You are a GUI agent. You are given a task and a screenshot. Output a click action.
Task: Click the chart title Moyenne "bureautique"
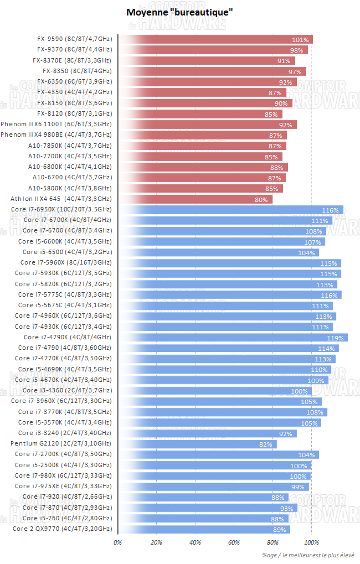(179, 12)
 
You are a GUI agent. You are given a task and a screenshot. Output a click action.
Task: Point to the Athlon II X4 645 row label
(61, 199)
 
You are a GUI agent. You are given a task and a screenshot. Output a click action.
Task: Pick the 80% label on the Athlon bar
(261, 199)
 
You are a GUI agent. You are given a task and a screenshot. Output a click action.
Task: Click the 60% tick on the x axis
(234, 543)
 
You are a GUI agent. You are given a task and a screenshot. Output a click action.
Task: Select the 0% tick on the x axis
(117, 543)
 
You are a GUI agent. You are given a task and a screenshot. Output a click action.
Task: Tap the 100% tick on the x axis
(311, 543)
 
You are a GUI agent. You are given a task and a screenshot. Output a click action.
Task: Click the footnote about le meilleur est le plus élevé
(310, 555)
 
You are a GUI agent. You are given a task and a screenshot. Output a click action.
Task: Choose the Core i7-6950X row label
(61, 209)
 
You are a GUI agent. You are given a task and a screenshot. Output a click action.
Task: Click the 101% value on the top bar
(300, 40)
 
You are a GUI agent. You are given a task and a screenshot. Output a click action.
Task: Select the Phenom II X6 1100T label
(56, 124)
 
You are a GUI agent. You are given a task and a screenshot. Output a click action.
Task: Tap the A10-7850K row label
(70, 146)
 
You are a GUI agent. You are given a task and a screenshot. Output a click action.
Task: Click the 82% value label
(266, 444)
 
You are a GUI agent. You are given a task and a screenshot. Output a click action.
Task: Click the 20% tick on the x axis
(156, 543)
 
